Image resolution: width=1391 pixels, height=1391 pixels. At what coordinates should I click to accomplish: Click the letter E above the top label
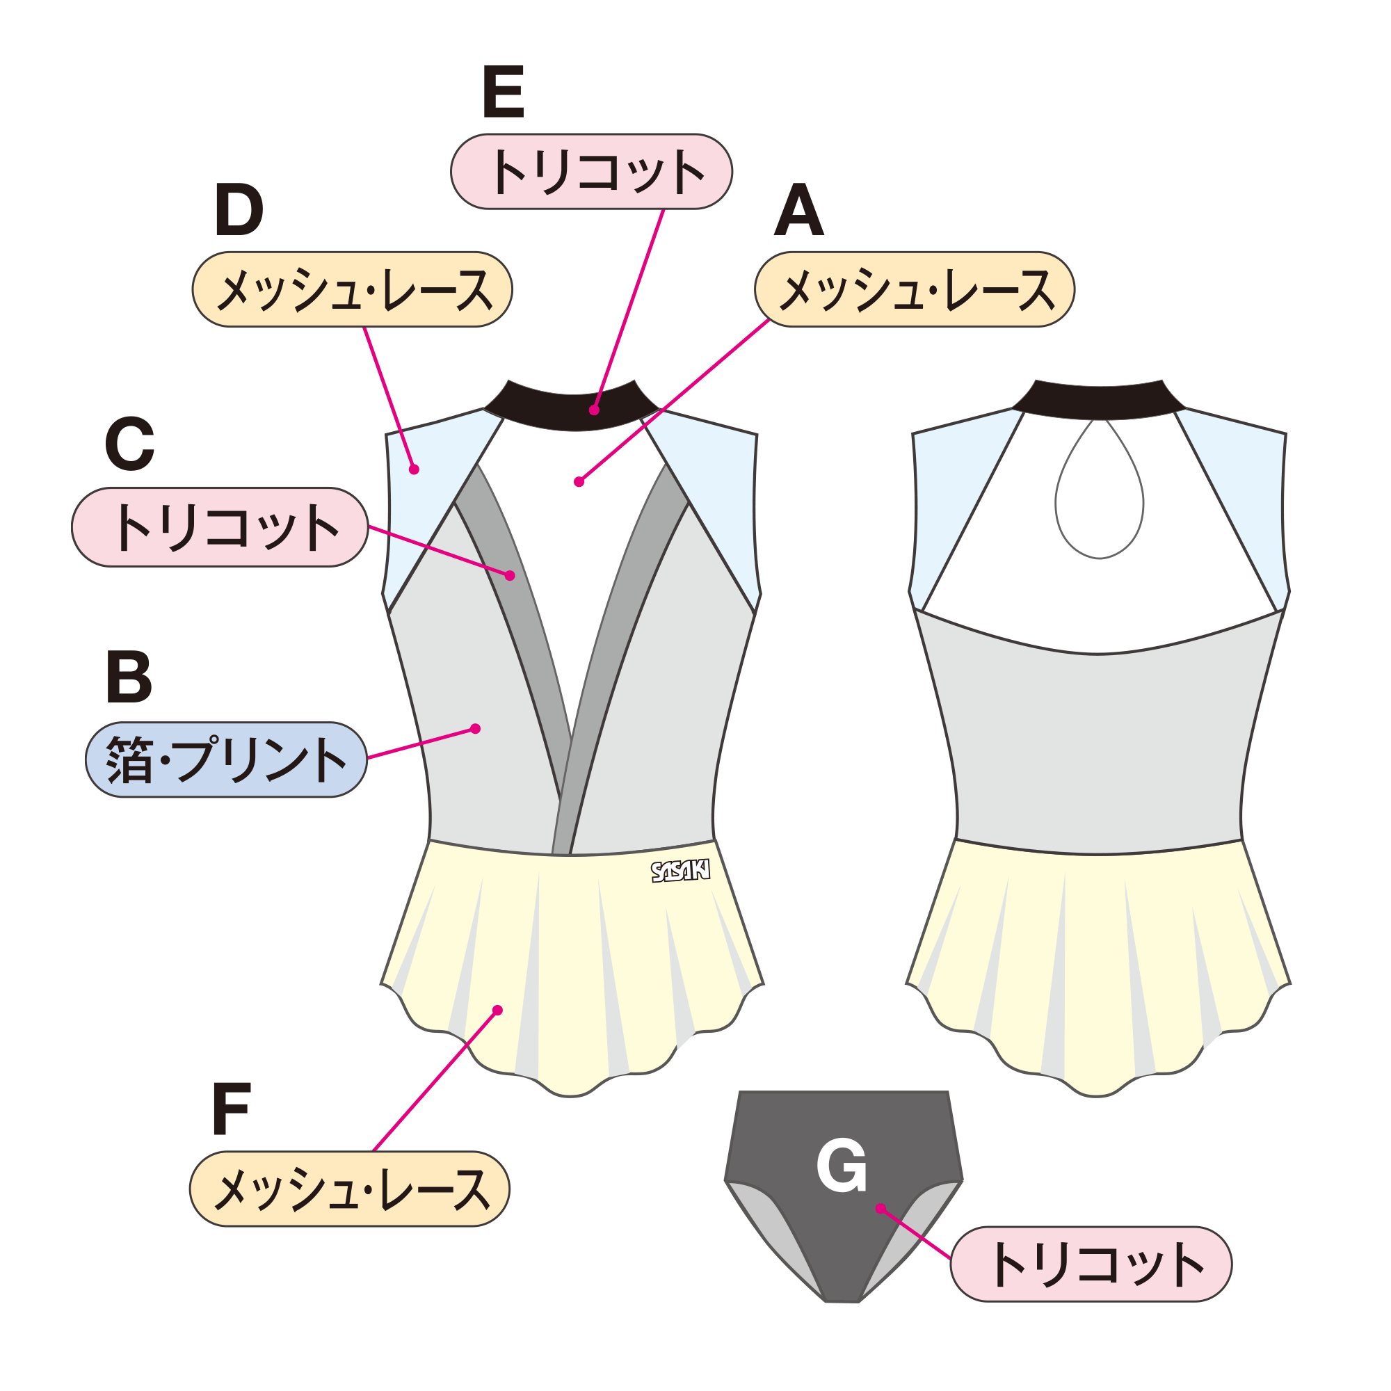504,91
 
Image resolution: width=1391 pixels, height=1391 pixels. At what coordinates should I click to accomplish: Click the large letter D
239,209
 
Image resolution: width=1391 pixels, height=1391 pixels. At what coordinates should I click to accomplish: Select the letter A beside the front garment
798,209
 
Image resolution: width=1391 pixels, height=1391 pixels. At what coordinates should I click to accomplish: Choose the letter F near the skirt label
231,1109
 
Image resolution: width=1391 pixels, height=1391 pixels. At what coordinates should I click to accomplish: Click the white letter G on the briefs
841,1166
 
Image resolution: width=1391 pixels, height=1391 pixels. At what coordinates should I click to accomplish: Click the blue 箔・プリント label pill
226,759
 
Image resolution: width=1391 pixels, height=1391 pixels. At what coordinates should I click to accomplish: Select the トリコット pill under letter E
591,171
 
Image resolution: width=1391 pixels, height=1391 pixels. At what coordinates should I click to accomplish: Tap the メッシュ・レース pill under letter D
352,289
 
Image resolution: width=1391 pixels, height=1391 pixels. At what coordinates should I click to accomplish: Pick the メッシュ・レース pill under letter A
915,289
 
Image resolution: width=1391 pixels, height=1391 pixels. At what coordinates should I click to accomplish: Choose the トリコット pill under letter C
220,527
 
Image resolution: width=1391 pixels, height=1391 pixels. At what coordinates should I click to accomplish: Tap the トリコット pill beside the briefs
1091,1264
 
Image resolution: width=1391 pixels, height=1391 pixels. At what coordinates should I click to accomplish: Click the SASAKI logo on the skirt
680,871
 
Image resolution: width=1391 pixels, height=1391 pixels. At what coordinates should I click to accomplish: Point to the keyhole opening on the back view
1099,488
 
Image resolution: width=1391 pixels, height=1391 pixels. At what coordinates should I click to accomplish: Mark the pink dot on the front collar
594,410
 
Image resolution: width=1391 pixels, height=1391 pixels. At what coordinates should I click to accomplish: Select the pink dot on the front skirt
497,1011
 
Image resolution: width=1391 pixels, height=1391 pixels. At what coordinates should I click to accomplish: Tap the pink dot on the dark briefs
881,1208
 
